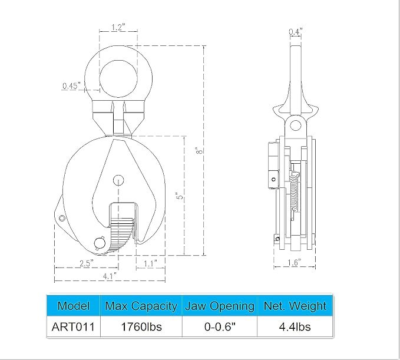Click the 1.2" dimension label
point(118,27)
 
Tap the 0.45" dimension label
point(72,85)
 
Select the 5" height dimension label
point(180,196)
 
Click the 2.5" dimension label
point(87,263)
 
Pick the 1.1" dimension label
point(150,263)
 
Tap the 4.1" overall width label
point(110,276)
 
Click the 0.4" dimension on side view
point(296,32)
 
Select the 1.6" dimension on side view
point(295,262)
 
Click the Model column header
point(74,306)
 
